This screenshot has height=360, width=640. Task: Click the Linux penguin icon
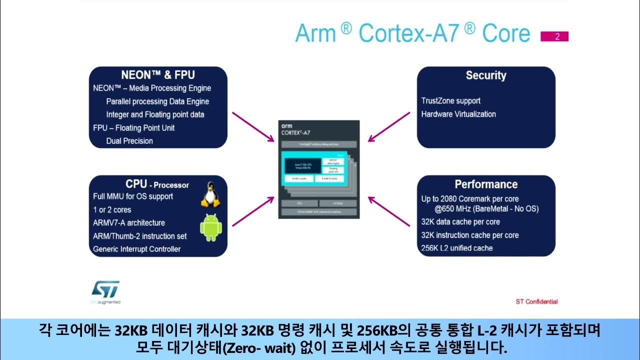(210, 194)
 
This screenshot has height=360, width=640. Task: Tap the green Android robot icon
(210, 227)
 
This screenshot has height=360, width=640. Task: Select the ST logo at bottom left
(105, 289)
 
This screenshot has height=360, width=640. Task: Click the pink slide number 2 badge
(554, 36)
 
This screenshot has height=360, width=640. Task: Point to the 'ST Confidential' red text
(536, 301)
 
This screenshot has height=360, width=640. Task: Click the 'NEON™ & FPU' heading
(158, 75)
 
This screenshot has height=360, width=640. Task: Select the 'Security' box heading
(486, 75)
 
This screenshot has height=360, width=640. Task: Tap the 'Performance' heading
(486, 184)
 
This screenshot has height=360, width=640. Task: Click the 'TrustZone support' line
(450, 101)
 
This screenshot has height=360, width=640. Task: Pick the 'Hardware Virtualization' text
(458, 114)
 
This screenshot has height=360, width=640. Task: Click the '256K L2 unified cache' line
(456, 248)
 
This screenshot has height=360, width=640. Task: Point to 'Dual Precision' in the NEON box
(129, 141)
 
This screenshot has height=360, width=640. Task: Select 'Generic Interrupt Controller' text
(136, 249)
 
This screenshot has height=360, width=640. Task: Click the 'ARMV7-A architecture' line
(128, 222)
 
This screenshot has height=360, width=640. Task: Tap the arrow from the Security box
(389, 126)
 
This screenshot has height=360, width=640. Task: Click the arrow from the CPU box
(253, 211)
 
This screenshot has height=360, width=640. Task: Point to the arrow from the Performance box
(389, 211)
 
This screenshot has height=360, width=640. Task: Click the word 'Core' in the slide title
(505, 33)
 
